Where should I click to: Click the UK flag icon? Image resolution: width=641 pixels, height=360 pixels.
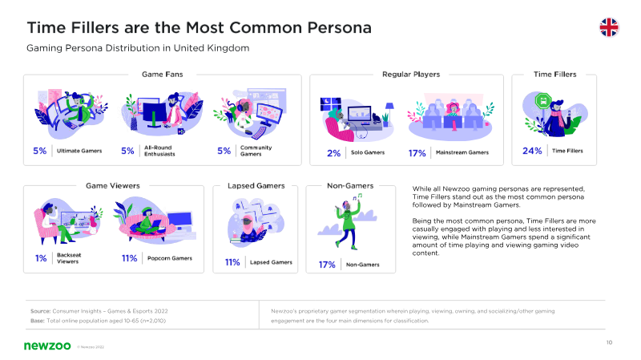tap(609, 27)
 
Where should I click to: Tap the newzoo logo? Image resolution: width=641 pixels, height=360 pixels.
tap(47, 346)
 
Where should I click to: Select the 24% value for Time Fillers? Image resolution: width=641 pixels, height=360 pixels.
tap(532, 151)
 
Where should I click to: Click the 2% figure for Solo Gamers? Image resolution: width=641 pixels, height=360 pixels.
tap(333, 153)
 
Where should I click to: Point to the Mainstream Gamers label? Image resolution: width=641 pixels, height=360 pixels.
tap(462, 152)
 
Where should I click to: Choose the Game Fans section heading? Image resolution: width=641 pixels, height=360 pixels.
tap(163, 75)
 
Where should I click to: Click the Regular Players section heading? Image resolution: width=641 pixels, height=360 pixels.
tap(411, 75)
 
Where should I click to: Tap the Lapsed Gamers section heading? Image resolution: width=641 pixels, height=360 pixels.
tap(256, 186)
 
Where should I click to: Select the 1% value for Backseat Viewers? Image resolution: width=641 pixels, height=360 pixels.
tap(41, 258)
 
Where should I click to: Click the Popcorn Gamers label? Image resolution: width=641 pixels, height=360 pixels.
tap(170, 258)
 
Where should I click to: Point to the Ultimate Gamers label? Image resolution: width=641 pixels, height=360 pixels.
tap(79, 151)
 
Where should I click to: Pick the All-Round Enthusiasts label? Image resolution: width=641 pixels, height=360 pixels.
tap(159, 151)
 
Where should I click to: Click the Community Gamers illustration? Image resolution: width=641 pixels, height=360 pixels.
tap(249, 113)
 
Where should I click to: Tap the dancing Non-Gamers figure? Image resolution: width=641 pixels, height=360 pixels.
tap(349, 221)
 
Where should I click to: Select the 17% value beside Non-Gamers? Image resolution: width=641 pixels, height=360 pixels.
tap(327, 265)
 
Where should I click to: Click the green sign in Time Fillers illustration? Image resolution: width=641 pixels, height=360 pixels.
tap(543, 101)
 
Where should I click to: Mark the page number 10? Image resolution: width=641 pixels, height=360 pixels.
tap(609, 342)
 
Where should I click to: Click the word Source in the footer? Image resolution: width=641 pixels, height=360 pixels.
tap(40, 311)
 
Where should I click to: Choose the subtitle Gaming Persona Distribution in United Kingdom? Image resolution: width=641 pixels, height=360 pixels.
tap(138, 48)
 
